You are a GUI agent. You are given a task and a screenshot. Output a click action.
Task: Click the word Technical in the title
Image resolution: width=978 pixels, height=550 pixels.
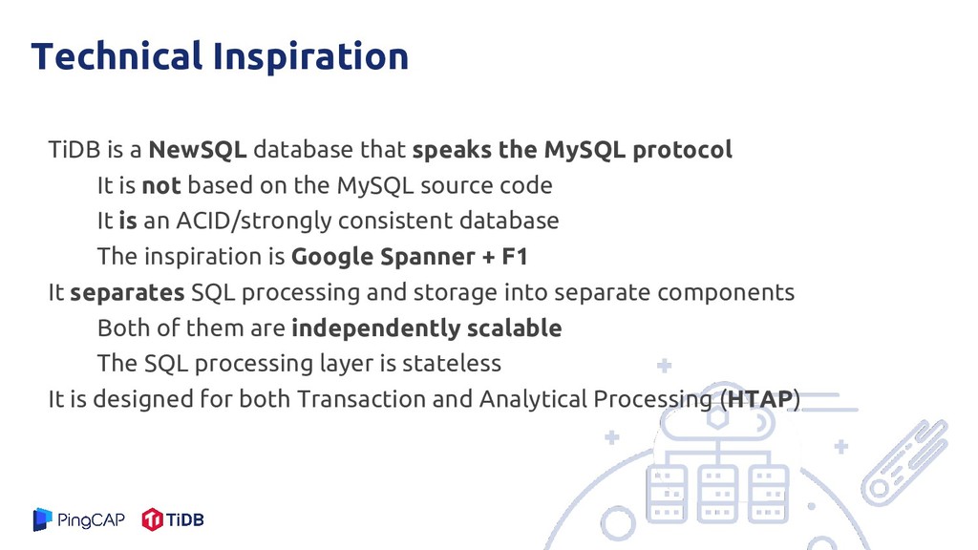[117, 55]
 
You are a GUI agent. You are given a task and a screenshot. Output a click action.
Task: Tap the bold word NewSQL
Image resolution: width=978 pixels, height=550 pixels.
[198, 150]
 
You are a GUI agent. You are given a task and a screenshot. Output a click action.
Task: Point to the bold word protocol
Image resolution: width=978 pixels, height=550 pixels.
[682, 150]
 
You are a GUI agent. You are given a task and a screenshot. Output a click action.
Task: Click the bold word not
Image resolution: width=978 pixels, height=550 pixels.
[161, 186]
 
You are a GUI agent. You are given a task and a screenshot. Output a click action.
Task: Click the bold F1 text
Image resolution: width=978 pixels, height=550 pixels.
[515, 256]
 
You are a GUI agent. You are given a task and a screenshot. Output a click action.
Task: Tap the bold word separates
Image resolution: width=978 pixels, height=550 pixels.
[127, 293]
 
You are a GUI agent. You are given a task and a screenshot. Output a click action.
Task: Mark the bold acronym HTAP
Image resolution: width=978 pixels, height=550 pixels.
[759, 399]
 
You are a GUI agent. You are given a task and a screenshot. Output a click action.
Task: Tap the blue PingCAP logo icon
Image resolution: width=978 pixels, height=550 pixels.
[42, 519]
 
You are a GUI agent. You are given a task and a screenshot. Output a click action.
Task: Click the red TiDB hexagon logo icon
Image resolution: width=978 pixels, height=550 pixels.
[152, 519]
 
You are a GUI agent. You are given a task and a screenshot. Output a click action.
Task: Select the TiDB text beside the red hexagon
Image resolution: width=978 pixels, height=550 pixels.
[185, 519]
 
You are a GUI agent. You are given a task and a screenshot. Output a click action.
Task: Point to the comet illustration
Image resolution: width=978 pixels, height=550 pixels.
[904, 460]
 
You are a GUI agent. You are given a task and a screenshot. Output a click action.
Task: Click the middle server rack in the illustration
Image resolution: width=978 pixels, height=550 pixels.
[718, 494]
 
